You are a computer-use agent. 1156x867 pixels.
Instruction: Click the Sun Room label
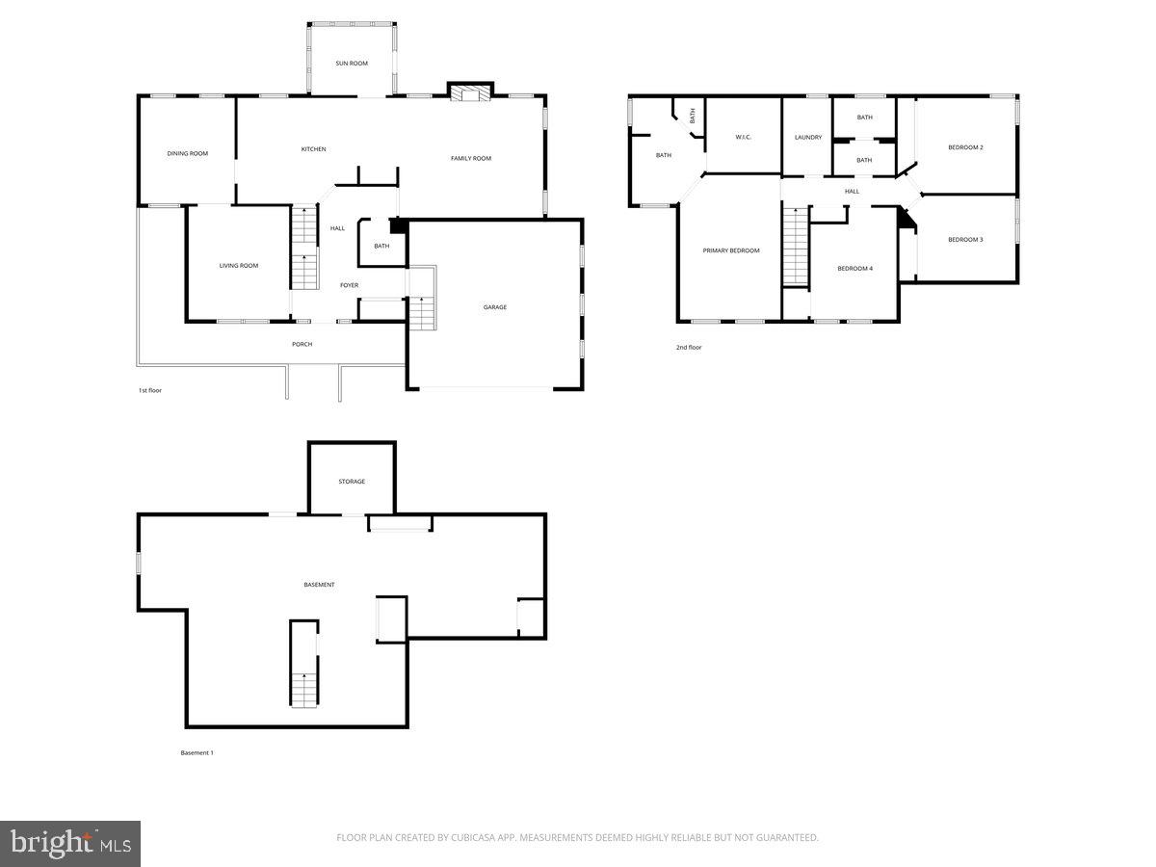tap(352, 64)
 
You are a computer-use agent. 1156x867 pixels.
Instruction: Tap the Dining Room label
tap(187, 153)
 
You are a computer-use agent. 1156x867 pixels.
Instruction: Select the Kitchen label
tap(313, 149)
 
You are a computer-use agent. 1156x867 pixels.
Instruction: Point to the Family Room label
tap(471, 158)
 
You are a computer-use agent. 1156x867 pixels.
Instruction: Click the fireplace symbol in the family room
tap(469, 92)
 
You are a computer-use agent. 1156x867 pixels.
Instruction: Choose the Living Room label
tap(239, 266)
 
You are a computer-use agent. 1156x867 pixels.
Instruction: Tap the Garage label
tap(495, 307)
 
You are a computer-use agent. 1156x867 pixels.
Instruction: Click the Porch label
tap(302, 344)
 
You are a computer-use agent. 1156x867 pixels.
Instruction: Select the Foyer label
tap(349, 285)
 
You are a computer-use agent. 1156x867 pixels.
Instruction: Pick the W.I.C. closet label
tap(743, 138)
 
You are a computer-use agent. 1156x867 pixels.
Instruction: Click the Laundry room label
tap(808, 138)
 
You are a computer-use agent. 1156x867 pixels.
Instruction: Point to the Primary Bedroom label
tap(731, 250)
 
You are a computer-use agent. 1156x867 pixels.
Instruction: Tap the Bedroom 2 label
tap(965, 147)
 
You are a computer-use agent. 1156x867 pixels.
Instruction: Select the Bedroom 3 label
tap(965, 239)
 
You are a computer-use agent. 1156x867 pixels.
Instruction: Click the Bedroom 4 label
tap(854, 268)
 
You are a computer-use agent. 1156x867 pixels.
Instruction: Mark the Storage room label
tap(352, 482)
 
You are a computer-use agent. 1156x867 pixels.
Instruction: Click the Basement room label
tap(319, 585)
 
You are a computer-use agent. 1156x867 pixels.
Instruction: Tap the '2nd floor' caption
tap(689, 347)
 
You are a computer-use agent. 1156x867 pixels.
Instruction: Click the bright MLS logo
tap(70, 844)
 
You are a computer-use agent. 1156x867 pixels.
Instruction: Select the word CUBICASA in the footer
tap(476, 838)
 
